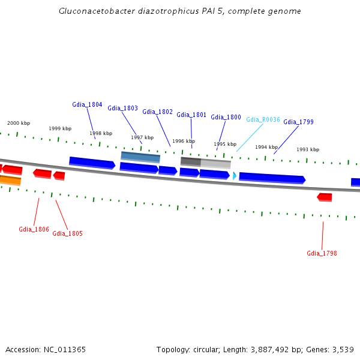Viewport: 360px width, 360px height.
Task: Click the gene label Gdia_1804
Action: coord(87,104)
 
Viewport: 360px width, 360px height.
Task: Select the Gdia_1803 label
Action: coord(122,108)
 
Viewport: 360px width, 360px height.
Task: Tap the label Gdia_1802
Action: coord(157,112)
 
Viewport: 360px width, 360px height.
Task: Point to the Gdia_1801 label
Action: coord(191,115)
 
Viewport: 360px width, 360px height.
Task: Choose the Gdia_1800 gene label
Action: coord(226,117)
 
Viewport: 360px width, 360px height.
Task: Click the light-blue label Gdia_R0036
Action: coord(263,119)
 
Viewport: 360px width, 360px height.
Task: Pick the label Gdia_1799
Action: coord(298,122)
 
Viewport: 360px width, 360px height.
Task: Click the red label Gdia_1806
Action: coord(34,229)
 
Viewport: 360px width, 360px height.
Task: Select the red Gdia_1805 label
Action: coord(67,233)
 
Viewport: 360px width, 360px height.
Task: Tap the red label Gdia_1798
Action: coord(322,253)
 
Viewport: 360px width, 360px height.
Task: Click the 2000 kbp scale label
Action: coord(19,123)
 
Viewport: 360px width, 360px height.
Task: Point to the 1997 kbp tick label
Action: coord(142,137)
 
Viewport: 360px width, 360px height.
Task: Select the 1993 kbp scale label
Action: coord(307,149)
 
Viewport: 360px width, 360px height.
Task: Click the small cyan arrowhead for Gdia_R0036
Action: coord(235,176)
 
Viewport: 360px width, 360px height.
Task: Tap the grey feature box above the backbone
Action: coord(205,162)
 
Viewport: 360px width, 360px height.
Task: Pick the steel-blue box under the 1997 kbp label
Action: coord(140,157)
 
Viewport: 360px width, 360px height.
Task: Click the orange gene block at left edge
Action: coord(10,180)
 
